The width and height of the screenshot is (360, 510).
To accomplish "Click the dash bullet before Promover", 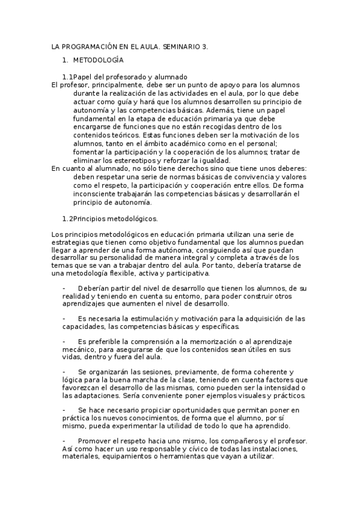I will click(64, 441).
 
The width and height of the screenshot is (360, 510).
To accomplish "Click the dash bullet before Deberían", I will click(64, 289).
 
